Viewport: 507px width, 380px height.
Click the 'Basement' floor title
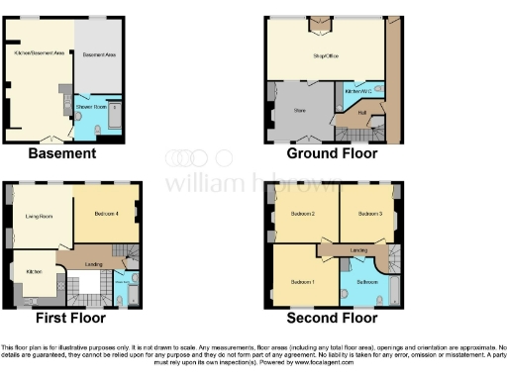pyautogui.click(x=62, y=153)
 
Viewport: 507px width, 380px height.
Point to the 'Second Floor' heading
pyautogui.click(x=332, y=318)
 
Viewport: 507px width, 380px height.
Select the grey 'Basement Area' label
pyautogui.click(x=100, y=55)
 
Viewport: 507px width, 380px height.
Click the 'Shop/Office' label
pyautogui.click(x=326, y=55)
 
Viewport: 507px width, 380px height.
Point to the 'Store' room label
pyautogui.click(x=296, y=111)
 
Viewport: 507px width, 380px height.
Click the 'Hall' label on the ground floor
pyautogui.click(x=361, y=113)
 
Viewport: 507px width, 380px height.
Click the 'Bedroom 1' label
pyautogui.click(x=302, y=281)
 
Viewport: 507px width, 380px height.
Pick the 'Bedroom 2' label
pyautogui.click(x=302, y=214)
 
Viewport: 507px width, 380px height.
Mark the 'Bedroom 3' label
pyautogui.click(x=369, y=214)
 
